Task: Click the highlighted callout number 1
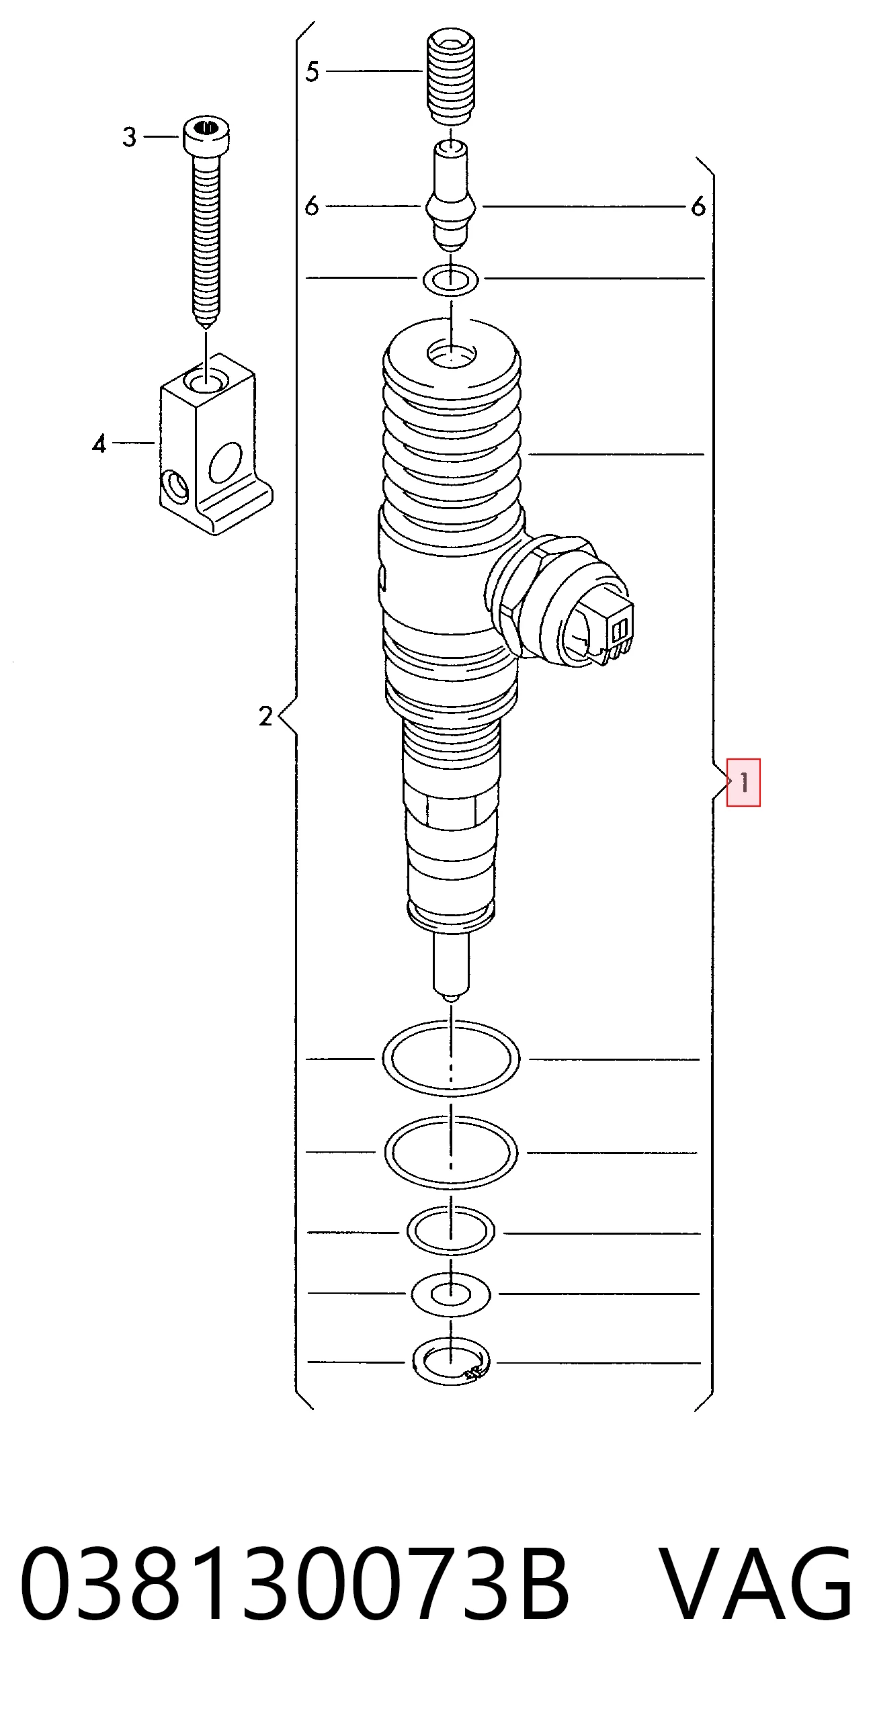[744, 782]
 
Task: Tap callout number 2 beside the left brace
[266, 716]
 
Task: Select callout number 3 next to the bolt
[130, 137]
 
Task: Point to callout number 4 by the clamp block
[99, 443]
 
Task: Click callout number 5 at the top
[312, 71]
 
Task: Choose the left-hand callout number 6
[311, 206]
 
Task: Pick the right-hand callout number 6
[699, 206]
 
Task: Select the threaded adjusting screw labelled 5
[451, 76]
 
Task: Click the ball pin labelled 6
[451, 195]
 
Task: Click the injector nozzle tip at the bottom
[451, 965]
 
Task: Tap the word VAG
[756, 1583]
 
